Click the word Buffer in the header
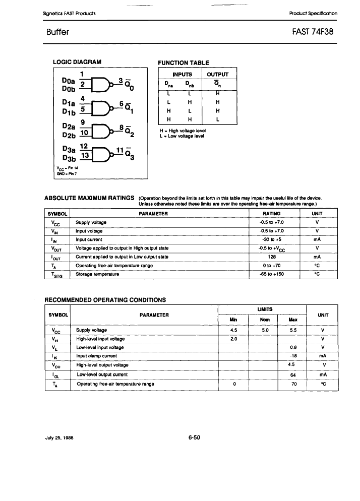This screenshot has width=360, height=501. pyautogui.click(x=57, y=32)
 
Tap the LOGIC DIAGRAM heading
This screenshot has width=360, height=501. pyautogui.click(x=77, y=62)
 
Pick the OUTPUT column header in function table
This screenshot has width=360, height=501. pyautogui.click(x=218, y=74)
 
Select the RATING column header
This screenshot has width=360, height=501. pyautogui.click(x=271, y=214)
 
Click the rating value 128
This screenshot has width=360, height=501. pyautogui.click(x=271, y=256)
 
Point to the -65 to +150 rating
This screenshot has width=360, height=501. pyautogui.click(x=271, y=274)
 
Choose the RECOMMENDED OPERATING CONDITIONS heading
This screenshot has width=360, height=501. pyautogui.click(x=105, y=300)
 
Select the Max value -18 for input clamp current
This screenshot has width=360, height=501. pyautogui.click(x=291, y=356)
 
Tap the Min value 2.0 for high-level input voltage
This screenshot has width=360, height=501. pyautogui.click(x=233, y=339)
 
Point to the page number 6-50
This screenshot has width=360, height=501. pyautogui.click(x=194, y=437)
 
